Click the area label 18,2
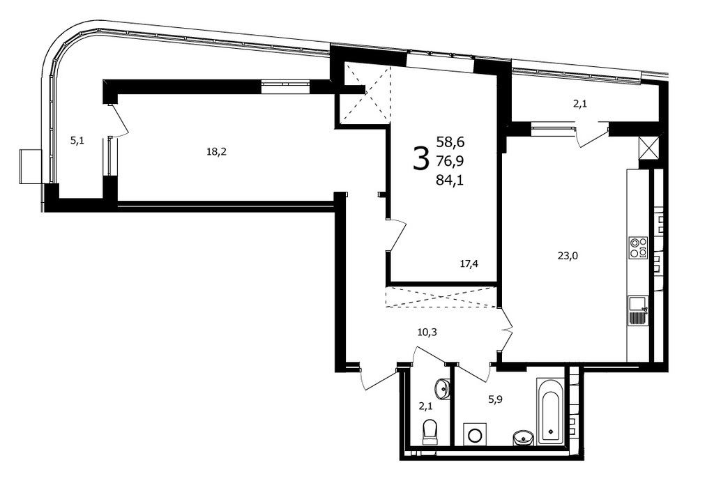coord(216,152)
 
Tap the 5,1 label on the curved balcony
coord(77,141)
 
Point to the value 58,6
coord(450,142)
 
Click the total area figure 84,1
coord(450,181)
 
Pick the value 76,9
coord(450,161)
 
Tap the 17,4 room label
coord(469,264)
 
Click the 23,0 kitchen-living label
coord(568,256)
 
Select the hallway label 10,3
coord(427,333)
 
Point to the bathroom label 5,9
coord(496,399)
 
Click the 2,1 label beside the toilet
coord(426,406)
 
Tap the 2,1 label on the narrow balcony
coord(579,104)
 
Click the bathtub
coord(551,411)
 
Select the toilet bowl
coord(430,432)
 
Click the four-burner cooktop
coord(638,247)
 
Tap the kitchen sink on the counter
coord(638,310)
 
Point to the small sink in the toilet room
coord(443,388)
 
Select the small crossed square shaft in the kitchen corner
coord(649,148)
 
